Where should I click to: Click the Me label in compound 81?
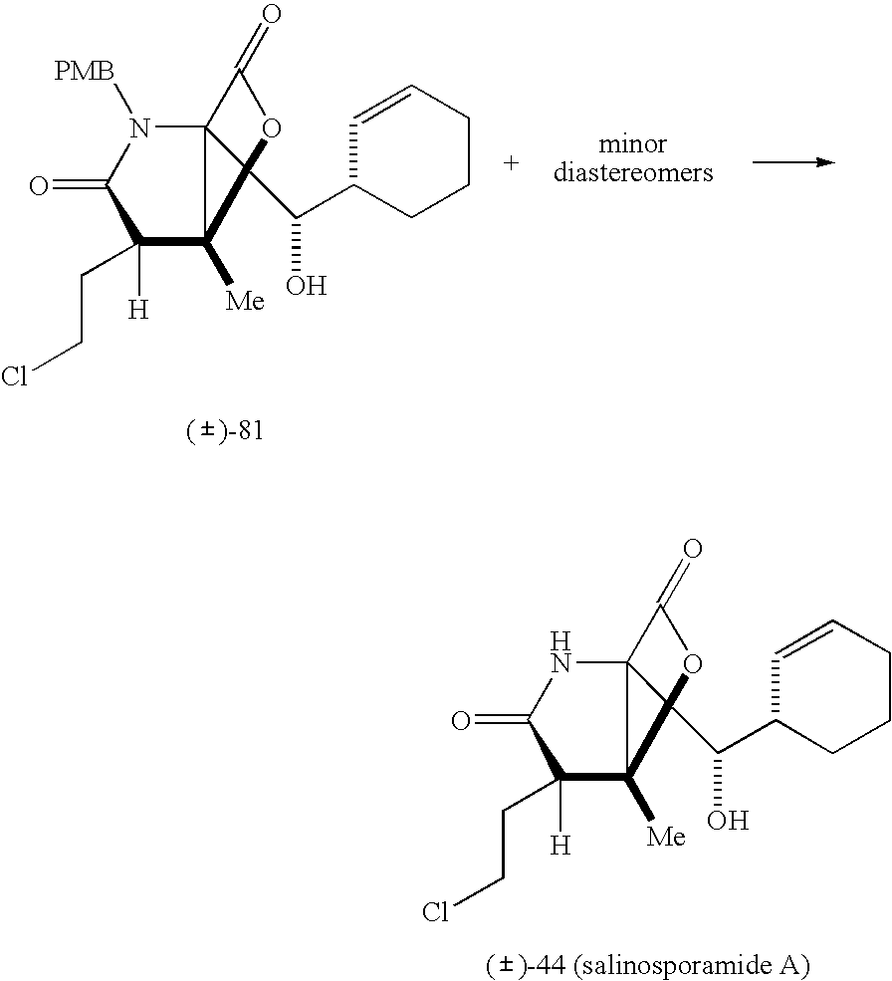point(245,300)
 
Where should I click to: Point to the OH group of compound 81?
point(306,287)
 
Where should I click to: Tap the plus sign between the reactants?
point(512,162)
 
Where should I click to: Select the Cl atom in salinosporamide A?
point(436,912)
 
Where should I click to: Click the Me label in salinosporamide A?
point(666,837)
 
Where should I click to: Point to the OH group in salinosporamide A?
point(727,822)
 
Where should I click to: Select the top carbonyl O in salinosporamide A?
point(693,550)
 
